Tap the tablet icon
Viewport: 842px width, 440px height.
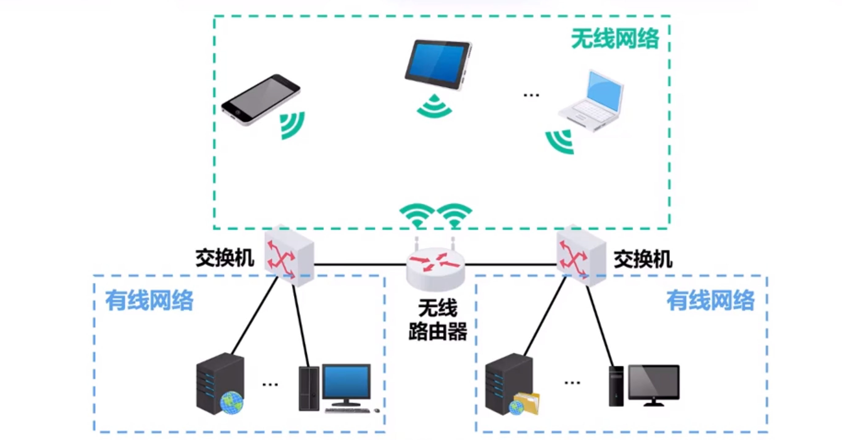[438, 64]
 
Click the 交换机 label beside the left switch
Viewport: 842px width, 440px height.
[225, 258]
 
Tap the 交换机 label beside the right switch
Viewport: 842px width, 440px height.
[643, 260]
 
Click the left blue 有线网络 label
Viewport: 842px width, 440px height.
[149, 300]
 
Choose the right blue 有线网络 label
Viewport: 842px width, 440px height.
[711, 300]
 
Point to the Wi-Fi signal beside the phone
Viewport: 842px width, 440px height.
[292, 125]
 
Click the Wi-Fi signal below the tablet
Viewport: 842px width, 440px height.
[434, 106]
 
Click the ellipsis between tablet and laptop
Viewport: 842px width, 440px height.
[531, 95]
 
